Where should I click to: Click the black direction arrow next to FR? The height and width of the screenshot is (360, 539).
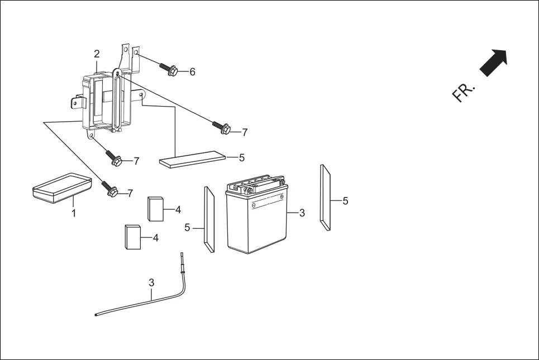click(x=494, y=62)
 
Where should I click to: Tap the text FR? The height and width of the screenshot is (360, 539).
click(x=464, y=93)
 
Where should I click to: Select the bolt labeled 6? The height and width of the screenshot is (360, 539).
click(x=169, y=69)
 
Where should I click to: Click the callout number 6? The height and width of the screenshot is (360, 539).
click(x=192, y=72)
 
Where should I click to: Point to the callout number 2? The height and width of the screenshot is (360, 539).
click(x=97, y=54)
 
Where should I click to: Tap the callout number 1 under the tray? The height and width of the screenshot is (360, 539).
click(x=73, y=213)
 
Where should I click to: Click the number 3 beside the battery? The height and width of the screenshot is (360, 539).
click(x=302, y=213)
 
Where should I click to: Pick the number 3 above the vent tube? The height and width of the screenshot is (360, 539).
click(x=151, y=282)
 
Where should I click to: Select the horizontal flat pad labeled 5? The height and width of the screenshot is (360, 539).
click(x=193, y=159)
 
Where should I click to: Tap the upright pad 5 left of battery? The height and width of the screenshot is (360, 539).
click(x=209, y=219)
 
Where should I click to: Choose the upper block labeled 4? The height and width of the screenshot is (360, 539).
click(x=156, y=209)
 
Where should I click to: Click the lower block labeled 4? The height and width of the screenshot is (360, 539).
click(x=132, y=237)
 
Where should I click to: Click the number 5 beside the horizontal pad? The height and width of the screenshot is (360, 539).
click(x=241, y=158)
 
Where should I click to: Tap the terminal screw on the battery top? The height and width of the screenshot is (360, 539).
click(x=282, y=183)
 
